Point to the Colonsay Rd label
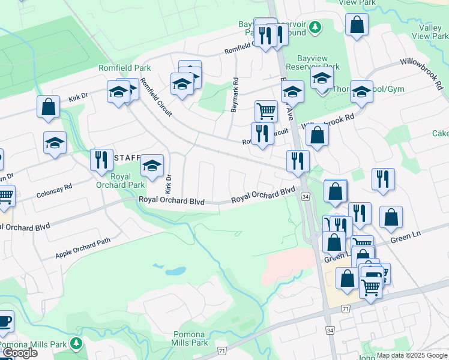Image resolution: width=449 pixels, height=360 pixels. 54,191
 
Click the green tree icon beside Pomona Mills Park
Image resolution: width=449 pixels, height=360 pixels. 76,343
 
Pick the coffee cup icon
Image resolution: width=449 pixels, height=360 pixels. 4,321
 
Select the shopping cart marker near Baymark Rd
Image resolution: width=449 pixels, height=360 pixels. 266,111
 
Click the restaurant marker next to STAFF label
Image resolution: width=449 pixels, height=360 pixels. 101,160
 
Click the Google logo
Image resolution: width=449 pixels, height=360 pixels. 20,353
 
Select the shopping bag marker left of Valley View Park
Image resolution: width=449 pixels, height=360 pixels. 357,25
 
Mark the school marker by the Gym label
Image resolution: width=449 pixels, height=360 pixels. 361,92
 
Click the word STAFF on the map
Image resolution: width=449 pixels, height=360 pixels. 127,158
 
